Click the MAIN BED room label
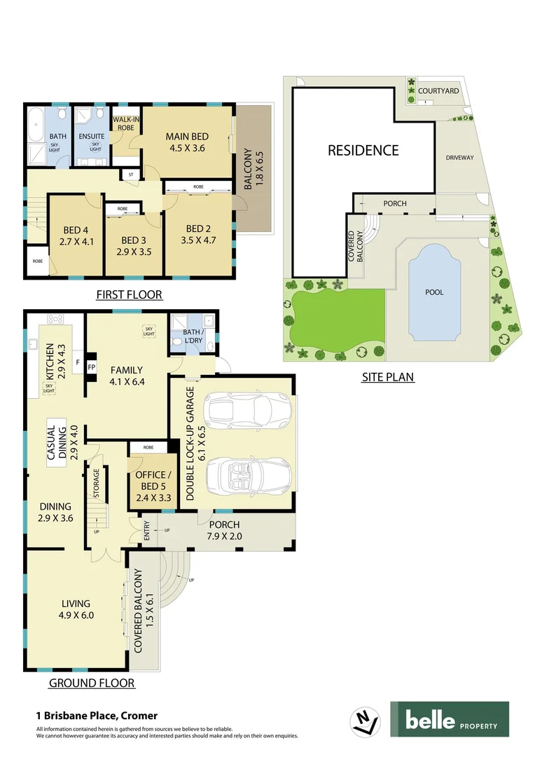click(x=187, y=136)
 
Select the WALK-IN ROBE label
click(x=126, y=124)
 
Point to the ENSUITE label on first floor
click(x=92, y=136)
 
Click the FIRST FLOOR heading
click(x=129, y=295)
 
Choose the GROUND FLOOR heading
click(x=91, y=683)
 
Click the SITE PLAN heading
click(x=387, y=377)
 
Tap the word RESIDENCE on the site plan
click(x=363, y=150)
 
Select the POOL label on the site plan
click(x=434, y=292)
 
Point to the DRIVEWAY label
click(x=459, y=158)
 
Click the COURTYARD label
click(x=438, y=91)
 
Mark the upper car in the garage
click(x=239, y=409)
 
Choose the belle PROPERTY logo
click(x=449, y=719)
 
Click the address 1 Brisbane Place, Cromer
click(x=97, y=716)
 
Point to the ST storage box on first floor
click(x=130, y=175)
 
